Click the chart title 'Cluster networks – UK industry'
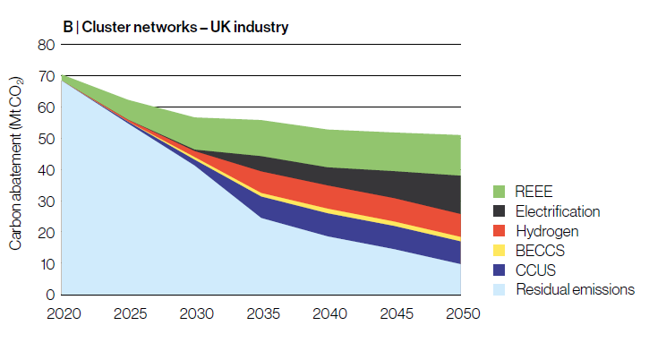184,27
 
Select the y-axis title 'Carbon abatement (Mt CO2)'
16,169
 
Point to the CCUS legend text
534,270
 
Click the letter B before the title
67,27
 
